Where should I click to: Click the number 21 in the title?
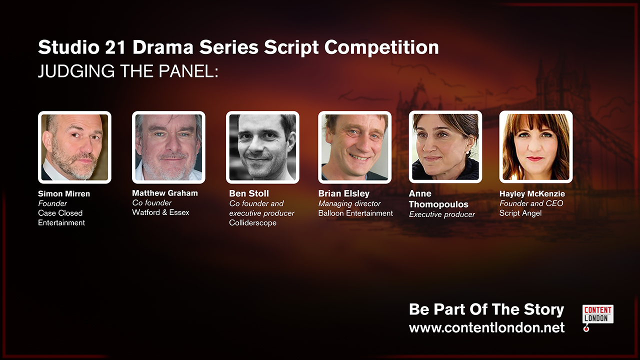tap(115, 47)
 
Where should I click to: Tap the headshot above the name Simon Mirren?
tap(74, 147)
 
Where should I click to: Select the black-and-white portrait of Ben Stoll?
tap(262, 147)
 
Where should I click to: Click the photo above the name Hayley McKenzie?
tap(535, 147)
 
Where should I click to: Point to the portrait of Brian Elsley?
tap(354, 147)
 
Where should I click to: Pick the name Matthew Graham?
tap(165, 193)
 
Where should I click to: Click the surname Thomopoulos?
tap(438, 204)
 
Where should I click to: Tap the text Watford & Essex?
tap(160, 212)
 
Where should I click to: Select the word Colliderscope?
tap(253, 223)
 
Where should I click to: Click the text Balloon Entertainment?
tap(355, 213)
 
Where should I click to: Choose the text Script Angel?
tap(520, 213)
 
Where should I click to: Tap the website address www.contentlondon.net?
tap(486, 327)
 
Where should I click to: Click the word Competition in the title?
tap(381, 47)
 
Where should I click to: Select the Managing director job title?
tap(349, 203)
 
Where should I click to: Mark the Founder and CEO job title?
tap(531, 203)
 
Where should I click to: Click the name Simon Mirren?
tap(64, 193)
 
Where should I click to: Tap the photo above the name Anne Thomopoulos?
tap(445, 147)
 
